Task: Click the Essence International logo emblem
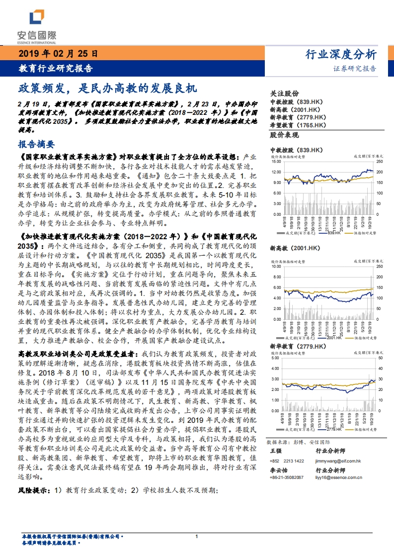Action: pyautogui.click(x=37, y=18)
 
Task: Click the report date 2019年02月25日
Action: pyautogui.click(x=59, y=54)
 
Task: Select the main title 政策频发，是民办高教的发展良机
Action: pyautogui.click(x=108, y=89)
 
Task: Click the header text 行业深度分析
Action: pyautogui.click(x=340, y=54)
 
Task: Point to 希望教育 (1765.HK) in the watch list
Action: pyautogui.click(x=298, y=125)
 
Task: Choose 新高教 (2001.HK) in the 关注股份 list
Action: pyautogui.click(x=295, y=109)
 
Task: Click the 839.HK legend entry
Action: pyautogui.click(x=333, y=232)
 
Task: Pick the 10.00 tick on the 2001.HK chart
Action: pyautogui.click(x=277, y=267)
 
